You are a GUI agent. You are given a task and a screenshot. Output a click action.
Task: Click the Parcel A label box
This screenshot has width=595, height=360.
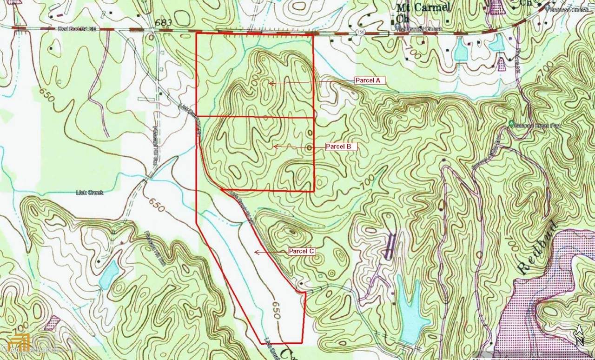click(x=368, y=80)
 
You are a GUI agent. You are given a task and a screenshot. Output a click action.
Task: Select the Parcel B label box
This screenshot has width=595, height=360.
click(x=341, y=147)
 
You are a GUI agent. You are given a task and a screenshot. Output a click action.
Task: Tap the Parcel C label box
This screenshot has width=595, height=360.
click(x=302, y=252)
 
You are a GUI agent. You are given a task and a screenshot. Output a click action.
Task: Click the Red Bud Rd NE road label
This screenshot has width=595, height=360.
click(x=76, y=29)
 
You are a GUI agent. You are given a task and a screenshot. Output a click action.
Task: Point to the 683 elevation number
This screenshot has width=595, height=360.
click(x=164, y=22)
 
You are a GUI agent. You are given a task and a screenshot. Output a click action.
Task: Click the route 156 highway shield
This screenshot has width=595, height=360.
click(x=361, y=32)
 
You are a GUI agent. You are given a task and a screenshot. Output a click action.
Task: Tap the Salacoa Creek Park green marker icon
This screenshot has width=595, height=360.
click(x=511, y=124)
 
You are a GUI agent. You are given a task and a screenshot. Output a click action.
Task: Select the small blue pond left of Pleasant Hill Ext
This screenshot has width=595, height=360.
click(x=109, y=274)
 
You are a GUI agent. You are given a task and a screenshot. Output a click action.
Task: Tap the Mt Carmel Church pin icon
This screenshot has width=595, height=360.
click(x=397, y=29)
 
